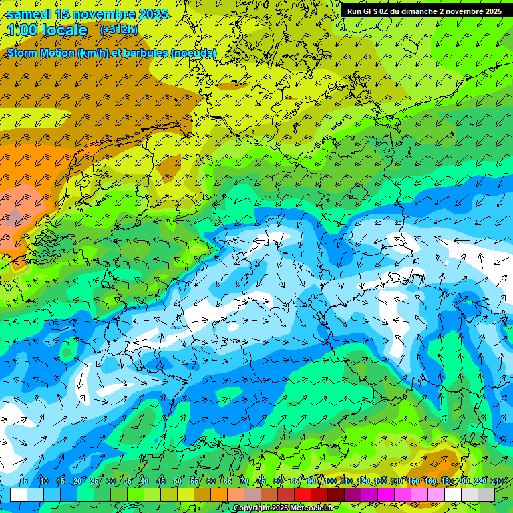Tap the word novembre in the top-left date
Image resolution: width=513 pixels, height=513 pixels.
(x=106, y=14)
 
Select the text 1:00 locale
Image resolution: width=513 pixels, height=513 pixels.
(x=47, y=30)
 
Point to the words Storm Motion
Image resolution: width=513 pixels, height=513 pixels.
(x=41, y=53)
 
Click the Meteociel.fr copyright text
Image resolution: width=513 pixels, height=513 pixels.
(x=285, y=508)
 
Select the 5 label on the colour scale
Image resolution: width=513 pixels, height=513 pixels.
(x=25, y=481)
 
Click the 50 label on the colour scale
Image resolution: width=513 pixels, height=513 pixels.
(x=178, y=481)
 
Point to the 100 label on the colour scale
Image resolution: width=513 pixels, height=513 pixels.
(x=330, y=481)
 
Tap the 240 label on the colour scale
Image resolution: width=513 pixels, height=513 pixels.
(x=497, y=481)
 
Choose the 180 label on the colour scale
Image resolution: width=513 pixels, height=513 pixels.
(x=447, y=481)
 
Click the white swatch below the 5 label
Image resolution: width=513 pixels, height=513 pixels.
(x=19, y=494)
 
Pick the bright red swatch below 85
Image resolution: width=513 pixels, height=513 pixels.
(x=303, y=494)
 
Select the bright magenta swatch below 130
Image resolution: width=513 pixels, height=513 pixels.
(x=386, y=494)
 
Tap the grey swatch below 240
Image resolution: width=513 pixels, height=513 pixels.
(x=486, y=494)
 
